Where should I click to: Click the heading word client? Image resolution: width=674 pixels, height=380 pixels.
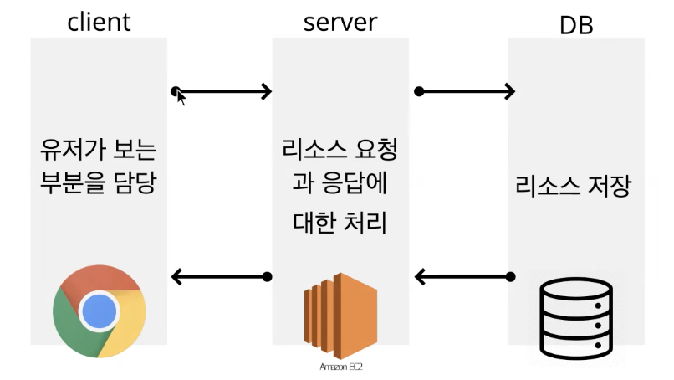[x=99, y=21]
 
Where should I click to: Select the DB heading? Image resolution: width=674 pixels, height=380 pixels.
[x=575, y=25]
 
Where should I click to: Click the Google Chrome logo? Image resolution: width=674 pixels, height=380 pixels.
[x=99, y=311]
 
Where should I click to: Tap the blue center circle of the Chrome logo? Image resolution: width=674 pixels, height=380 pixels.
[x=99, y=311]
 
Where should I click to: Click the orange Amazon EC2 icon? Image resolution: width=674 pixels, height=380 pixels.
[x=340, y=316]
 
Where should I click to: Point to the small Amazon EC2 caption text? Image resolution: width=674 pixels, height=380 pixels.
[x=340, y=367]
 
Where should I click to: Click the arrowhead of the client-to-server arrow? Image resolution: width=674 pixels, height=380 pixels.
[x=267, y=90]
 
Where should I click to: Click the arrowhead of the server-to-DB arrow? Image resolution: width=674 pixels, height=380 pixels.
[x=508, y=91]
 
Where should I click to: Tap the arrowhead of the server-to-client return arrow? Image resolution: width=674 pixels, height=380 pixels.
[x=176, y=276]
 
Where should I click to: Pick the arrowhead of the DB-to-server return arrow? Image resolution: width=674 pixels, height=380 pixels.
[x=421, y=276]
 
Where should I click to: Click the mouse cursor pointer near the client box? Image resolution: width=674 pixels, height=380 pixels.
[x=181, y=98]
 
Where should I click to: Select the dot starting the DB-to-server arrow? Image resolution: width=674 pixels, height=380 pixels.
[x=511, y=276]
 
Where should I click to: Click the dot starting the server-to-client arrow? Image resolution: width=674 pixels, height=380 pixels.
[x=268, y=276]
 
